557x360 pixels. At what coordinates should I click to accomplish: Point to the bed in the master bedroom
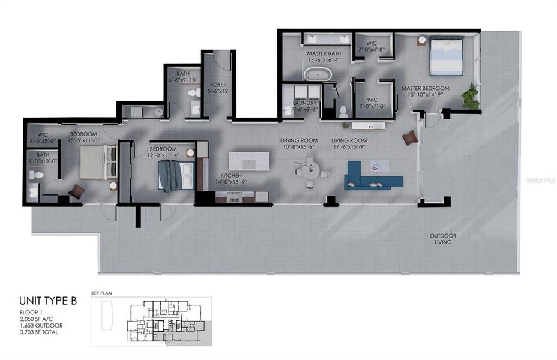(x=446, y=56)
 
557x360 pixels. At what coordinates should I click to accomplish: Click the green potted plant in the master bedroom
(x=471, y=97)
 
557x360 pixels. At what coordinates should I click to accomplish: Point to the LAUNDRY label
(x=305, y=106)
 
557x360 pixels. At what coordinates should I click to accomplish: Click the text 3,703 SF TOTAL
(x=38, y=332)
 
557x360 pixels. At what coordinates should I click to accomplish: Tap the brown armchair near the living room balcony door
(x=410, y=137)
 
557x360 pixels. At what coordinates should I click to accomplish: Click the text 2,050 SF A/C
(x=37, y=319)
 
